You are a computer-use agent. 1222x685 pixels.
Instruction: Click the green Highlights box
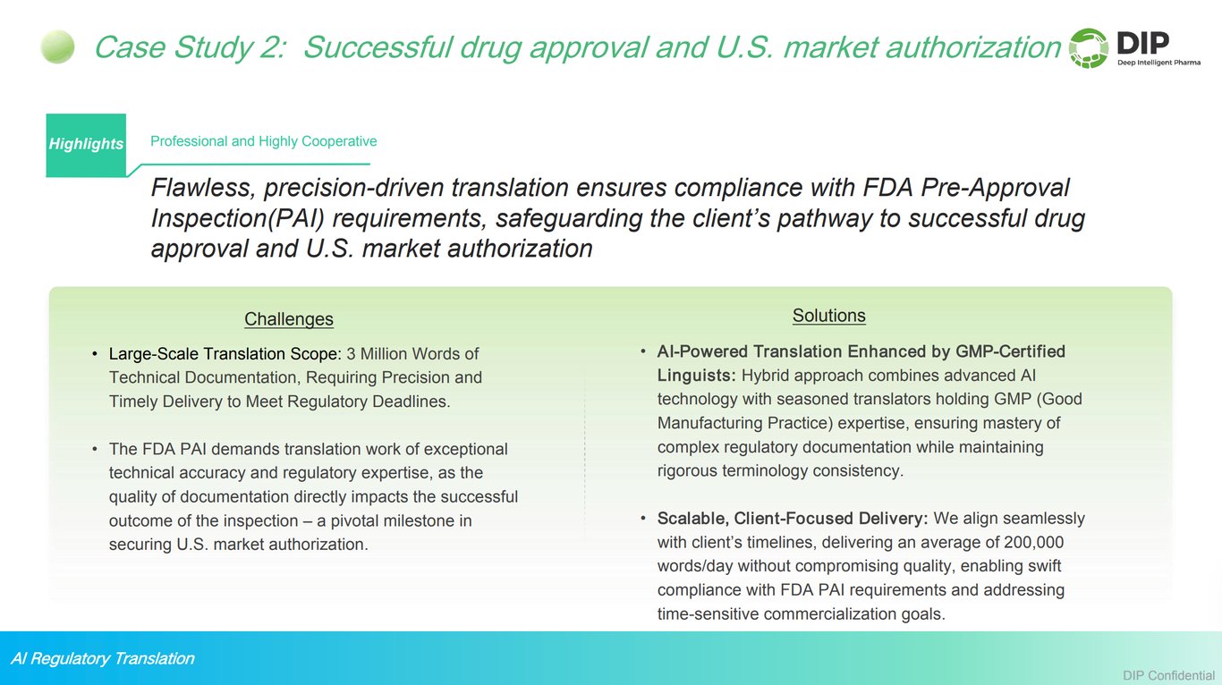[86, 145]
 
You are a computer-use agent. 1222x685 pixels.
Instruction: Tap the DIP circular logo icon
[1089, 48]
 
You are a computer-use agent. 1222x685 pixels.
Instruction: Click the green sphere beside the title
[57, 47]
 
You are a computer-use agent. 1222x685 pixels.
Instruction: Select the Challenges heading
[288, 319]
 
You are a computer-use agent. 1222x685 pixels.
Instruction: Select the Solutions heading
[828, 316]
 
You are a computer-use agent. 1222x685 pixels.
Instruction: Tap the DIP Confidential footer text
[1169, 674]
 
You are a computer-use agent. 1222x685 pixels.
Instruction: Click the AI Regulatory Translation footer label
[102, 659]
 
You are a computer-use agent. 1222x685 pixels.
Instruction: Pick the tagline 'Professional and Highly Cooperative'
[263, 141]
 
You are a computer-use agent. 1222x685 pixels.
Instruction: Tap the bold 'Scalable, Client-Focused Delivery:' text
[793, 518]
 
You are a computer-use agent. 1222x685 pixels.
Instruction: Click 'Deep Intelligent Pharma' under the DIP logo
[1155, 62]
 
